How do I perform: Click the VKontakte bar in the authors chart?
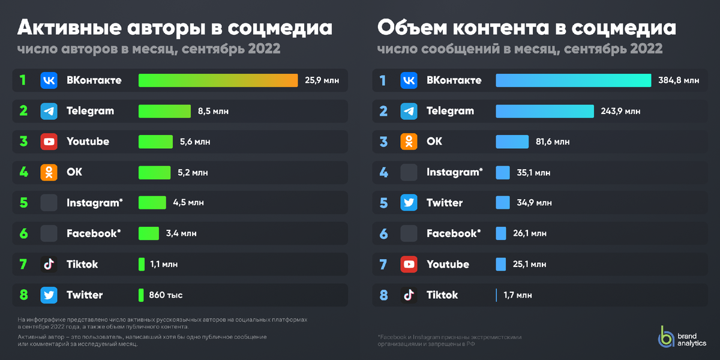(x=218, y=80)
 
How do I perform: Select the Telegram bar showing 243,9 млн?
(x=545, y=111)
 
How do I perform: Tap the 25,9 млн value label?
(x=322, y=80)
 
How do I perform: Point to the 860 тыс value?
(x=167, y=295)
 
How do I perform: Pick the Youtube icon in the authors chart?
(x=49, y=142)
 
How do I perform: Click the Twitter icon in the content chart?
(x=409, y=203)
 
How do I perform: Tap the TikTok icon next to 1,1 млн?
(x=49, y=265)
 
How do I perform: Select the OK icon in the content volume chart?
(x=409, y=142)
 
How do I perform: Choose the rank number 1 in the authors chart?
(x=23, y=80)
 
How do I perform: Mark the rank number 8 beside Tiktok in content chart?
(x=383, y=295)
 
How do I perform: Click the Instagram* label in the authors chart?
(x=94, y=203)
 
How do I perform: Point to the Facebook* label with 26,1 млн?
(x=454, y=233)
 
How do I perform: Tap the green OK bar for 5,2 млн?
(x=155, y=172)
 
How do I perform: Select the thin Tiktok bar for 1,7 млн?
(x=497, y=295)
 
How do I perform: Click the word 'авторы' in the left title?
(x=154, y=28)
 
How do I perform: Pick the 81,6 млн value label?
(x=553, y=142)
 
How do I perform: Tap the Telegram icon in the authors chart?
(x=49, y=111)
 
